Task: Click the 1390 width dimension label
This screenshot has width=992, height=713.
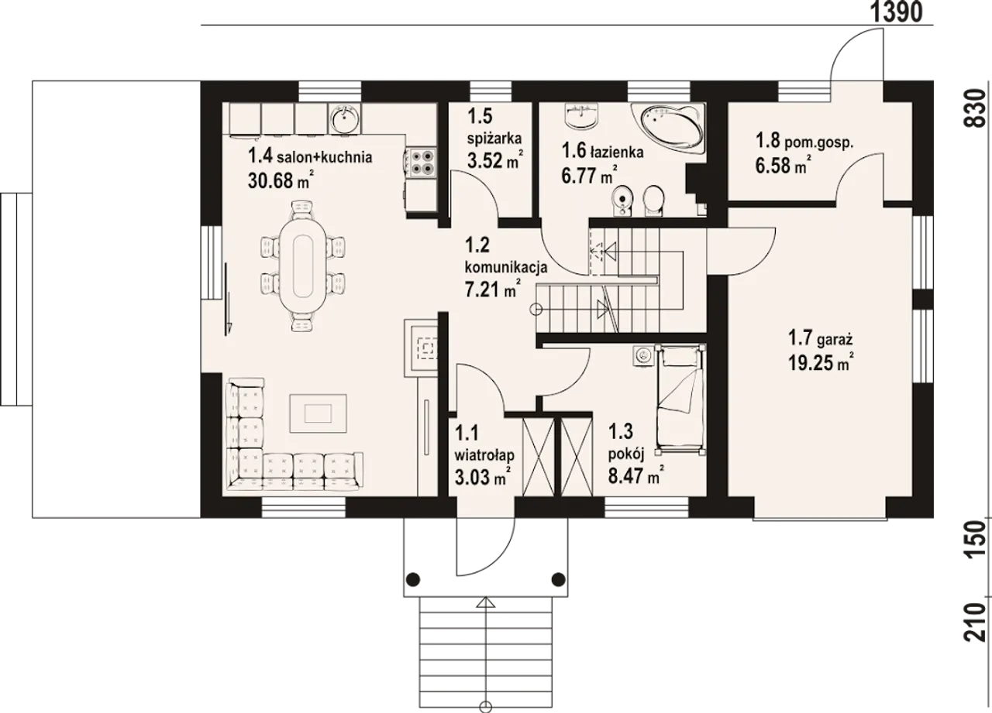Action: pos(897,12)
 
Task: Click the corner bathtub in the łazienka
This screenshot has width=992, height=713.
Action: pos(668,129)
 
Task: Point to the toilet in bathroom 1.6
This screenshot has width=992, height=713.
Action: pos(653,201)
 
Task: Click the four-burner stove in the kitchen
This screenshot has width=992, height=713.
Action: pos(421,162)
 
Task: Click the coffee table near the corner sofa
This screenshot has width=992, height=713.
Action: pos(318,413)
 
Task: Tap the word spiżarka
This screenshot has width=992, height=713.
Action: pos(494,139)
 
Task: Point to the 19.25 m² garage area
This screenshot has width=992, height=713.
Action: pos(821,363)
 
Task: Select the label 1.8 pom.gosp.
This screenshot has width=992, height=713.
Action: pos(804,142)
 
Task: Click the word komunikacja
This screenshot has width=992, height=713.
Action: pos(506,267)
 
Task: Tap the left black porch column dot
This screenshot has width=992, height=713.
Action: pos(413,578)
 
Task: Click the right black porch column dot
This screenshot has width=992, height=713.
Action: pos(558,578)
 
